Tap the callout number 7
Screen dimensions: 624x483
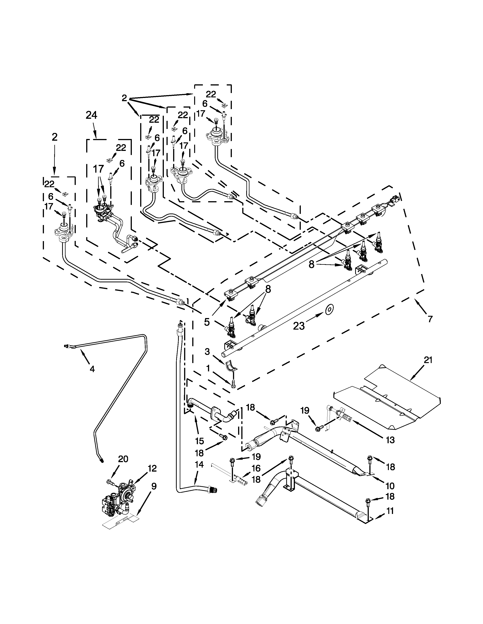point(430,319)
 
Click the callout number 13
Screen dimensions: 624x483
point(390,440)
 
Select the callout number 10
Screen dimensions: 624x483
point(390,486)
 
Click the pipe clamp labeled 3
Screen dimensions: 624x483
point(231,366)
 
